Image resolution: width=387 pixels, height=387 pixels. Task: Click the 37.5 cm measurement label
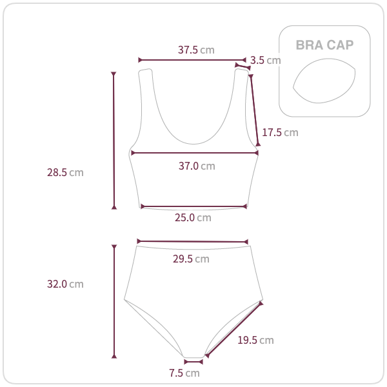point(196,50)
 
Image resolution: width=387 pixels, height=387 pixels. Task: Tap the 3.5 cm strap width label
point(266,60)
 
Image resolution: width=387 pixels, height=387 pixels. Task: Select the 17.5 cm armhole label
point(280,132)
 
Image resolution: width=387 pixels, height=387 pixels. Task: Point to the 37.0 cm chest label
point(197,166)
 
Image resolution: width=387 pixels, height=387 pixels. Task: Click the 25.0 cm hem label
point(193,218)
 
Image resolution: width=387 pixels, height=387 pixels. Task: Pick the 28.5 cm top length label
point(65,172)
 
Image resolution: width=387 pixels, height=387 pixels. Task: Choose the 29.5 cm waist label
point(191,259)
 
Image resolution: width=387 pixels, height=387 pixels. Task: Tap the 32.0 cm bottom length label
point(65,284)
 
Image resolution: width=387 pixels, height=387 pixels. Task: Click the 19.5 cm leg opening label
point(255,341)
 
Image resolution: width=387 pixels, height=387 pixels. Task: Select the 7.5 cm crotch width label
point(184,373)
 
